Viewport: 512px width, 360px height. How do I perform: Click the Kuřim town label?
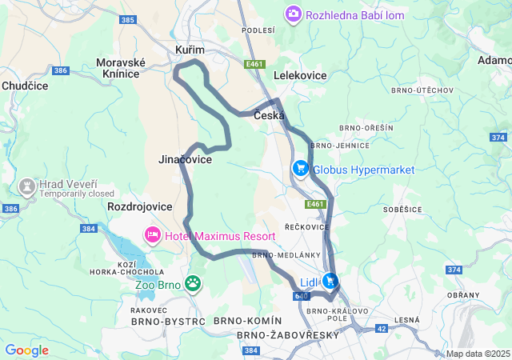[190, 50]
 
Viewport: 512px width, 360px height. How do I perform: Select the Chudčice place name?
[25, 85]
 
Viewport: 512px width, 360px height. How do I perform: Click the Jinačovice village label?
[185, 160]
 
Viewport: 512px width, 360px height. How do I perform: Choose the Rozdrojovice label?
[139, 206]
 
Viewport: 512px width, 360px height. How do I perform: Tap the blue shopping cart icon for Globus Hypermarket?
[301, 169]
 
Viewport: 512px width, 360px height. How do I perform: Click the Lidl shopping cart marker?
[329, 282]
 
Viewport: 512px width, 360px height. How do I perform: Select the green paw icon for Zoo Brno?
[193, 282]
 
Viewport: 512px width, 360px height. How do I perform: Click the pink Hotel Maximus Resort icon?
[152, 236]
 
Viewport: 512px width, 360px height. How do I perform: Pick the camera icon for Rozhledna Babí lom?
[294, 14]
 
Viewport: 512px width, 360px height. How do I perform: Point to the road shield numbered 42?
[382, 328]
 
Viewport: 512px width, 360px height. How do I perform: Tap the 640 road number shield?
[301, 296]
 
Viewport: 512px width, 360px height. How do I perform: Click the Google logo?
[26, 350]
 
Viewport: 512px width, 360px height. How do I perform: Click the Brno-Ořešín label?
[366, 127]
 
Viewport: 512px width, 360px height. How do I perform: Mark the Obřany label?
[462, 295]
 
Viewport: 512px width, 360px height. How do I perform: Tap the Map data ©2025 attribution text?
[478, 354]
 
